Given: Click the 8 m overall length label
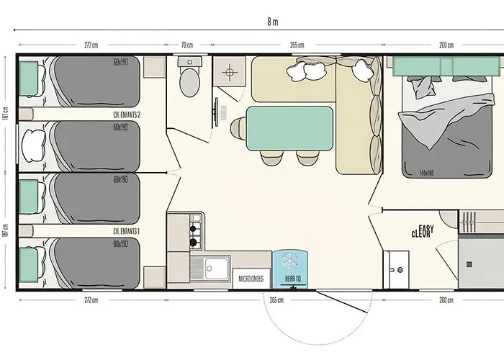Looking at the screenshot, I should (x=271, y=21).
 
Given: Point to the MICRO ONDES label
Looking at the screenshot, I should (x=250, y=279).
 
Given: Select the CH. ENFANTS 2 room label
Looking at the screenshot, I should (x=127, y=114).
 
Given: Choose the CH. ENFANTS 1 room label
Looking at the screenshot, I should (x=127, y=232).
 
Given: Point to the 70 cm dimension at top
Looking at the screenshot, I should (x=187, y=45).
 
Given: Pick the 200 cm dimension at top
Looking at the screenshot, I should (x=446, y=45).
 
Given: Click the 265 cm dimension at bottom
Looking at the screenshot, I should (x=274, y=300).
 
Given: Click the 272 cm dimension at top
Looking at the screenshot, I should (x=91, y=45).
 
